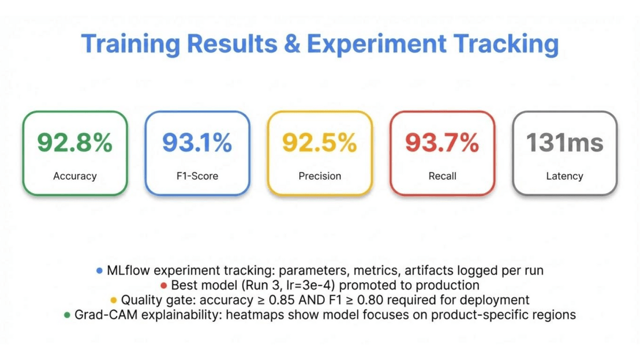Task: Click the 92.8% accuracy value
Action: pyautogui.click(x=75, y=142)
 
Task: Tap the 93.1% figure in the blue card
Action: pyautogui.click(x=197, y=142)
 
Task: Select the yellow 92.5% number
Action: pyautogui.click(x=319, y=142)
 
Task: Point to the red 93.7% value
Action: pyautogui.click(x=442, y=142)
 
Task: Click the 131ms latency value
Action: pyautogui.click(x=565, y=142)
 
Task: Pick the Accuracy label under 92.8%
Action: pyautogui.click(x=75, y=176)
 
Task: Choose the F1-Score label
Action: pyautogui.click(x=197, y=176)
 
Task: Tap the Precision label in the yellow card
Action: pyautogui.click(x=319, y=176)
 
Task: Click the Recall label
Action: pyautogui.click(x=442, y=176)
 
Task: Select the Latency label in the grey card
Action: pyautogui.click(x=565, y=176)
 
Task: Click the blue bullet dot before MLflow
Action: pyautogui.click(x=99, y=271)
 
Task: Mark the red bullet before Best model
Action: pyautogui.click(x=164, y=286)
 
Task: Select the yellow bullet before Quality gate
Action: pyautogui.click(x=114, y=300)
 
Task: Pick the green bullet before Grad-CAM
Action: pyautogui.click(x=67, y=315)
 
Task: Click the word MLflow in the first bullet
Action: pyautogui.click(x=129, y=270)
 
